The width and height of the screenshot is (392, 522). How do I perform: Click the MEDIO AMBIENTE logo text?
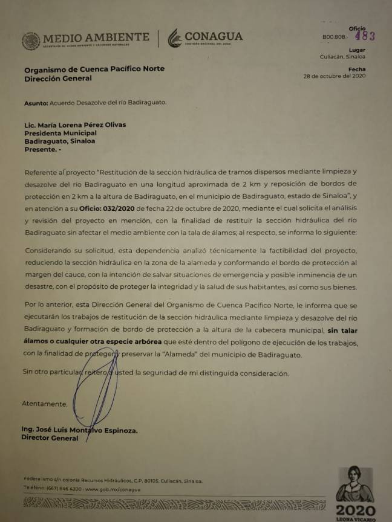click(96, 37)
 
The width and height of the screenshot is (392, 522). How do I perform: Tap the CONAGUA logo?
click(206, 38)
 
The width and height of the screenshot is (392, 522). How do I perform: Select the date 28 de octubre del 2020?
click(335, 77)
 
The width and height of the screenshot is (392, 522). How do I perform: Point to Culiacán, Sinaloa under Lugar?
click(342, 57)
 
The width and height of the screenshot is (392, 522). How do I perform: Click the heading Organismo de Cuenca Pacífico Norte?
click(94, 69)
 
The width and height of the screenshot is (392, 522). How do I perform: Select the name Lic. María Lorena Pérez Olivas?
click(75, 125)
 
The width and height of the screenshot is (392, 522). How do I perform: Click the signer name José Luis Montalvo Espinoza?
click(87, 430)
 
